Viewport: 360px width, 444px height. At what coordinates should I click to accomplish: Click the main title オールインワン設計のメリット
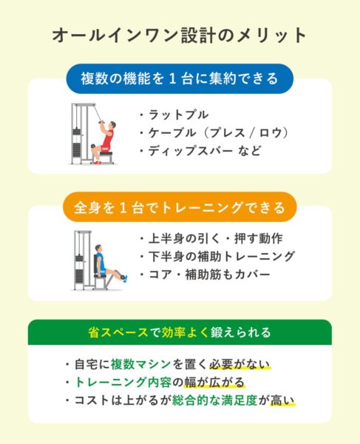(180, 36)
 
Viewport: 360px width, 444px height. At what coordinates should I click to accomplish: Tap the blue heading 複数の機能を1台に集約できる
(180, 78)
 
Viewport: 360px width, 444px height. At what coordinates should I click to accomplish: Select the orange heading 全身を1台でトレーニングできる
(180, 207)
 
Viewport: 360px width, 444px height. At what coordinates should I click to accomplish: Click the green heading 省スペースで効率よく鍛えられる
(180, 332)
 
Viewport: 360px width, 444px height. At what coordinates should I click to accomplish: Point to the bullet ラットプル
(174, 115)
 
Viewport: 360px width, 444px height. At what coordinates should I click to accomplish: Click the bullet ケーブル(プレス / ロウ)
(214, 132)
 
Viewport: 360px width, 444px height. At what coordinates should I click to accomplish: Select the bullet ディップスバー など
(200, 151)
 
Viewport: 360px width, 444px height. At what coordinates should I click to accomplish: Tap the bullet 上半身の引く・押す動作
(211, 238)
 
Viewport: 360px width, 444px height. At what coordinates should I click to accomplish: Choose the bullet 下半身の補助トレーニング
(217, 256)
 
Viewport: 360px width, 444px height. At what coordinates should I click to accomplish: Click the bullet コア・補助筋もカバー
(205, 275)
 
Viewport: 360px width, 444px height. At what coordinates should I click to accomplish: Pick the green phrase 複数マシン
(141, 364)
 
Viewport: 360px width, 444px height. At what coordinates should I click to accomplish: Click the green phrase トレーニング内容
(123, 383)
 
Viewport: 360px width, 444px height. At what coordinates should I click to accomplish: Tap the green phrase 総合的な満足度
(215, 400)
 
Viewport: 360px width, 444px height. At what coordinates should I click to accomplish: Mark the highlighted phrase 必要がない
(240, 364)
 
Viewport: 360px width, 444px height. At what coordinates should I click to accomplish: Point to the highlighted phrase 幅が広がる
(214, 383)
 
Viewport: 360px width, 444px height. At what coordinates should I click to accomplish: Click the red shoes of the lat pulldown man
(97, 163)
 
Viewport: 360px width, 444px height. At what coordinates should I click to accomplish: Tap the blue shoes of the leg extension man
(125, 279)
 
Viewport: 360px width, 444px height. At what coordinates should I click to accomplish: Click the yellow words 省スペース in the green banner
(118, 332)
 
